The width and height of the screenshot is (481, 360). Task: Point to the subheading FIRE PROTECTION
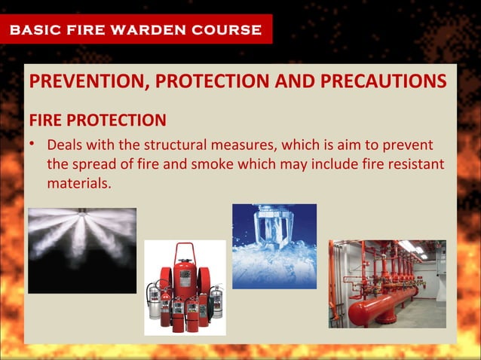(x=97, y=121)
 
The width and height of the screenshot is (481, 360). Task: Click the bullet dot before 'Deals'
(x=34, y=144)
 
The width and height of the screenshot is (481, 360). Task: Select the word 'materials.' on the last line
(x=79, y=183)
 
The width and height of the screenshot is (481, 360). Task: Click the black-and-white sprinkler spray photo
(x=82, y=250)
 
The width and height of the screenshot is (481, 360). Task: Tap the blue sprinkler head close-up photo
(x=274, y=246)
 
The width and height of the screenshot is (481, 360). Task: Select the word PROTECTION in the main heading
(x=225, y=82)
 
